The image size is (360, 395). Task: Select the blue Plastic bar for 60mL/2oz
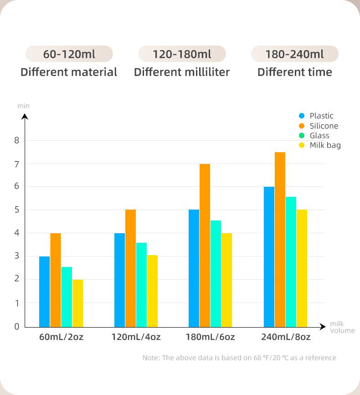point(44,292)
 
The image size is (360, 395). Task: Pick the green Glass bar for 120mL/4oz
point(141,285)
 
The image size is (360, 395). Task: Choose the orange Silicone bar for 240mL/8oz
point(280,239)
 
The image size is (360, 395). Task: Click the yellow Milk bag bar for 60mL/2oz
point(77,303)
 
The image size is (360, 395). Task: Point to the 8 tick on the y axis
point(17,140)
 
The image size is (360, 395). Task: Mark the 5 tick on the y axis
point(17,210)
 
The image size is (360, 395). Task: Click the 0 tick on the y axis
point(17,326)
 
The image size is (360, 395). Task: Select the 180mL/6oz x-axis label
point(210,338)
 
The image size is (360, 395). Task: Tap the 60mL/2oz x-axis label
point(61,338)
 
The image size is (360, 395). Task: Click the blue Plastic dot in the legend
point(302,116)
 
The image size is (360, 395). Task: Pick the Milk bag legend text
point(325,145)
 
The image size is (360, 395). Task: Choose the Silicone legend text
point(324,126)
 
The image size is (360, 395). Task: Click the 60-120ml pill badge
point(69,54)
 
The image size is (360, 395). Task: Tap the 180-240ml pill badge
point(294,54)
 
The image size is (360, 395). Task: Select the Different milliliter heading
point(182,72)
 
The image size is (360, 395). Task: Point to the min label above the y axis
point(24,106)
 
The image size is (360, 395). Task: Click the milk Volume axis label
point(342,328)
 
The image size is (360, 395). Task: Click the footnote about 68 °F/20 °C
point(239,358)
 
